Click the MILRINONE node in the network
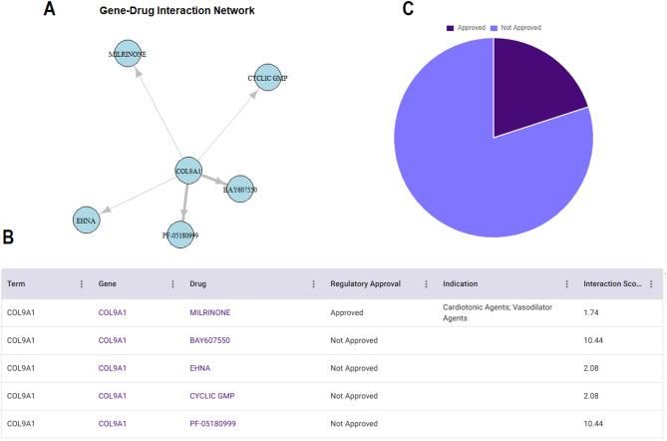coord(127,54)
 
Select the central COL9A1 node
coord(188,172)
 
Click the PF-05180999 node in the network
coord(180,234)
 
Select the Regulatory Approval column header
coord(365,283)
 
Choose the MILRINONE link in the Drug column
coord(209,312)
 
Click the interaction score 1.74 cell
coord(592,312)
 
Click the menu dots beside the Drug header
coord(314,283)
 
